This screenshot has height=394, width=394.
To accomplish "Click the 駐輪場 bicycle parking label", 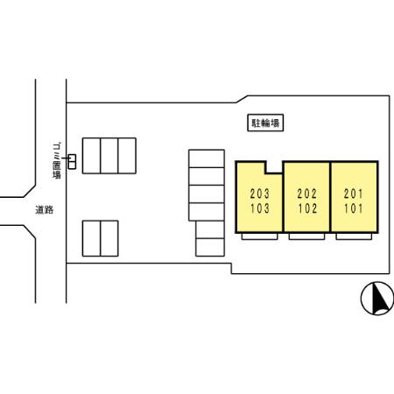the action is pos(265,123).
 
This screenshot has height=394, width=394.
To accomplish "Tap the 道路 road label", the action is pos(45,210).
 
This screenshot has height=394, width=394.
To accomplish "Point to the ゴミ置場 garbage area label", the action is pos(57,160).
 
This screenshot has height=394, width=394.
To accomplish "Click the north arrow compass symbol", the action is pos(377,299).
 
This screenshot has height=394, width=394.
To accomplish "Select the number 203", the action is pos(259,193).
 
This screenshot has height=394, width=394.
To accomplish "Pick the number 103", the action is pos(259,208).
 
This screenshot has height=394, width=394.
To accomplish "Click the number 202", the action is pos(306,193).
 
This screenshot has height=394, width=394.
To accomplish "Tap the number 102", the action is pos(306,208).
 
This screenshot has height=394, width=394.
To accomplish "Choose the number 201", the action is pos(354,193).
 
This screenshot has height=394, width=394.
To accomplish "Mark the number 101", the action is pos(354,208).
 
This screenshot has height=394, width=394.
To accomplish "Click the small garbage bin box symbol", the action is pos(72,162).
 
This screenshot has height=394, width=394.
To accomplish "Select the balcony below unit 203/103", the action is pos(259,236).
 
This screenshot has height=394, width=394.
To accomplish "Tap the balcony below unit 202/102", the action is pos(306,236).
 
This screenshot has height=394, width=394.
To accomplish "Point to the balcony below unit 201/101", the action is pos(354,236).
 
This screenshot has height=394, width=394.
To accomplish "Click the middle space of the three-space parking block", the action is pos(109,156).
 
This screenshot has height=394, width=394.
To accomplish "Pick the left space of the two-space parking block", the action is pos(91,238).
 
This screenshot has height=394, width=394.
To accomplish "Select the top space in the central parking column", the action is pos(207,158).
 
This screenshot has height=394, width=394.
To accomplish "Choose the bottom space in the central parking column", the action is pos(210,248).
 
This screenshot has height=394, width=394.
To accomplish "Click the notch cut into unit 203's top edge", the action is pos(274,167).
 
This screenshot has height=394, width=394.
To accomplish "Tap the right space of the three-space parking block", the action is pos(127,156).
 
